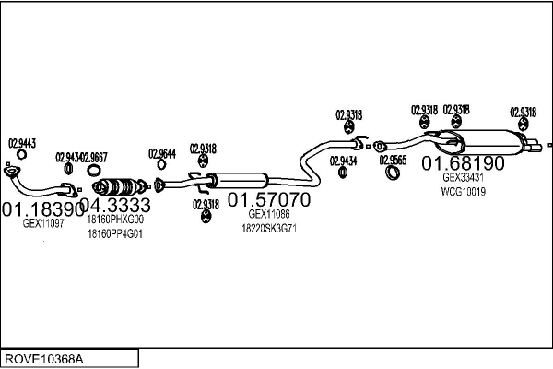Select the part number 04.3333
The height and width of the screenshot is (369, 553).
115,206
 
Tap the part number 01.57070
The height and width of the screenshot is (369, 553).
269,199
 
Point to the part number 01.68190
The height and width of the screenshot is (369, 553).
464,164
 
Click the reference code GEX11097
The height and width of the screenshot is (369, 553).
42,223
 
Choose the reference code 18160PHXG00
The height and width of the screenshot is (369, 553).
115,220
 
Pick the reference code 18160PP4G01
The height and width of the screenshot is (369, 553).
114,234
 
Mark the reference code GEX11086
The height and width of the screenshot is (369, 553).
269,215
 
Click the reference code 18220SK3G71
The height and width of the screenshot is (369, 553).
269,228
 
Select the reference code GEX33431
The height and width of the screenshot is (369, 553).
464,179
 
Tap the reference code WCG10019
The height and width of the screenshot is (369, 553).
464,192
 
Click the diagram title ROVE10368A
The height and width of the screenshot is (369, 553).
43,358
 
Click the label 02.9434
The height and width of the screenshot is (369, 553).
344,161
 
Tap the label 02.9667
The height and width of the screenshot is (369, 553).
93,157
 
